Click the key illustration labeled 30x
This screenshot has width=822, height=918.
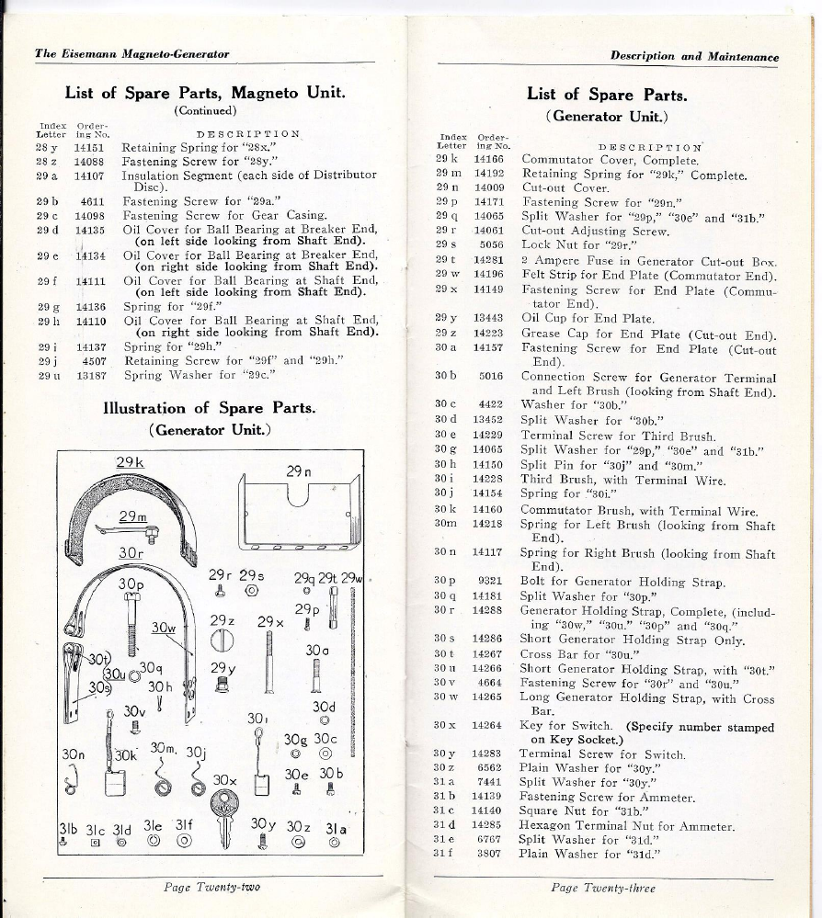tap(225, 818)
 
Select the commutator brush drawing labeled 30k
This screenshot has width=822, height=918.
tap(116, 784)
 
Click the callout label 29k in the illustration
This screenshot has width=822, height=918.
tap(131, 461)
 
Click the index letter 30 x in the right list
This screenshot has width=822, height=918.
tap(446, 725)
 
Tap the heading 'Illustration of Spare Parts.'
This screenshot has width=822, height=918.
tap(208, 408)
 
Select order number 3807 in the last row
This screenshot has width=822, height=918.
tap(488, 853)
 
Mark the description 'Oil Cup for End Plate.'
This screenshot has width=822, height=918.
tap(588, 319)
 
